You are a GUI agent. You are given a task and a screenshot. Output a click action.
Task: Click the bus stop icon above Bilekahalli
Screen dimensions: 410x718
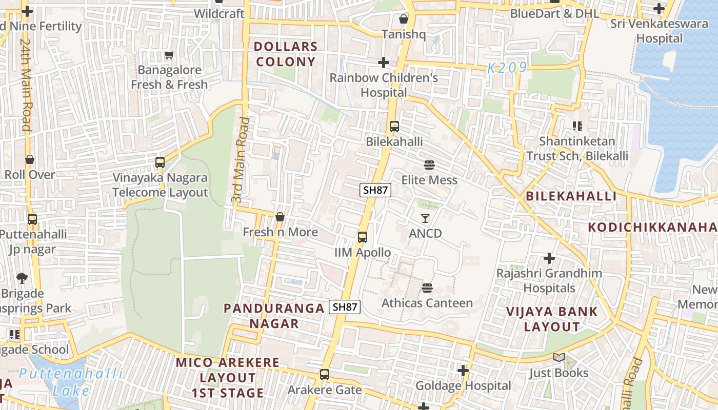point(394,126)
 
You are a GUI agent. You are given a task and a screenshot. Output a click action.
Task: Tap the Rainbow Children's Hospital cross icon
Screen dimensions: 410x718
point(383,63)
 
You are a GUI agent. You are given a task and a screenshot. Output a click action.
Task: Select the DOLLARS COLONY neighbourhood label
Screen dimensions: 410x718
point(286,54)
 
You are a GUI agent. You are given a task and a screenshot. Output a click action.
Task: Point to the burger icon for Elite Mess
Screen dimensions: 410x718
point(429,165)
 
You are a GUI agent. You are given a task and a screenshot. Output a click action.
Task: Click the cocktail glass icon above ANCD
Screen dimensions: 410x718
point(425,218)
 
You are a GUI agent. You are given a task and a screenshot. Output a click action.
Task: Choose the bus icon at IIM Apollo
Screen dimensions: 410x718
point(362,237)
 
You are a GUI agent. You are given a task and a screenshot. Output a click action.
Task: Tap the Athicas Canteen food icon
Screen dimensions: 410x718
point(427,288)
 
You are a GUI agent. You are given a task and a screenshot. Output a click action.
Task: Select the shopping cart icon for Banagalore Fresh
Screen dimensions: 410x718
point(169,55)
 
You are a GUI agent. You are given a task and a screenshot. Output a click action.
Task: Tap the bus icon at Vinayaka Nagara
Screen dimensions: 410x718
point(160,163)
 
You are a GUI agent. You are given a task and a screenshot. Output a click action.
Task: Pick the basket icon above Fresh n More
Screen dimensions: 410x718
point(280,217)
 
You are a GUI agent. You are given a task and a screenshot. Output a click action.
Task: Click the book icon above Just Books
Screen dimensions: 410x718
point(559,358)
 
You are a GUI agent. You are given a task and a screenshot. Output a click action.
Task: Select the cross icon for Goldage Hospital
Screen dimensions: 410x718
point(463,371)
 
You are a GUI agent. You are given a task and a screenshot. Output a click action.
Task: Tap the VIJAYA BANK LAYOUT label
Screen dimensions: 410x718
point(552,319)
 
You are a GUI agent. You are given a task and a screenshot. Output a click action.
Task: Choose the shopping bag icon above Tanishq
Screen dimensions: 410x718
point(404,19)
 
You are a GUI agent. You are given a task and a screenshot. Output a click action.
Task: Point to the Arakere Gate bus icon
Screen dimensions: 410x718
point(324,375)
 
